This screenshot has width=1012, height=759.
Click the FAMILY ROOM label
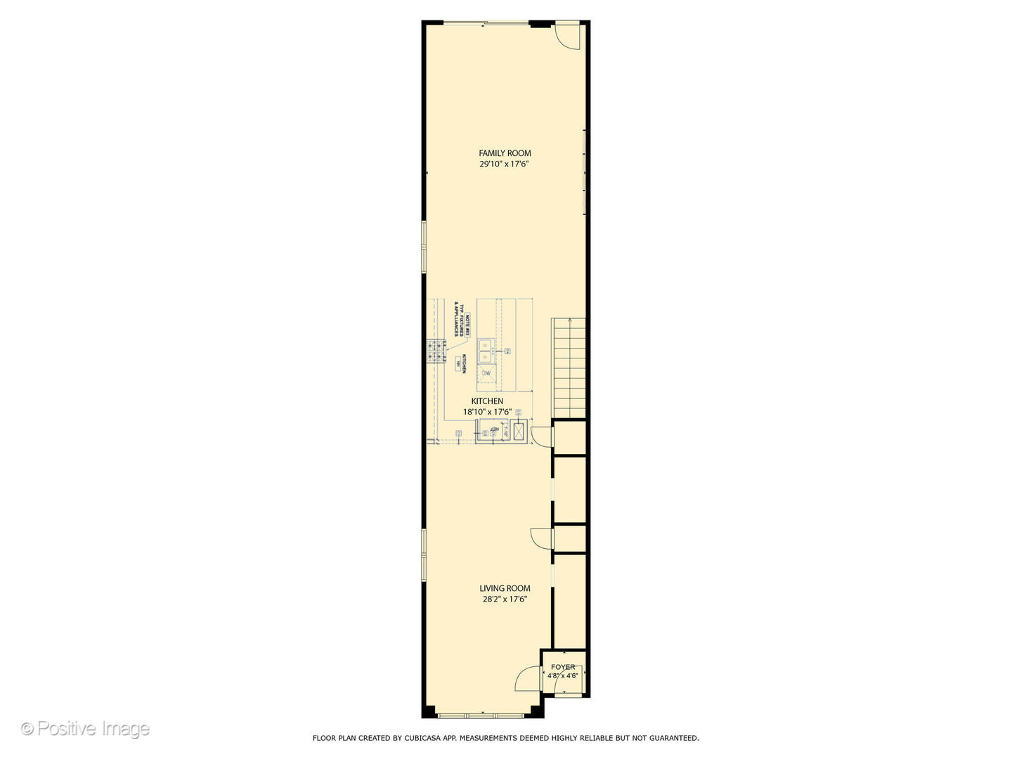505,153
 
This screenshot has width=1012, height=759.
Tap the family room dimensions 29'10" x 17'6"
504,164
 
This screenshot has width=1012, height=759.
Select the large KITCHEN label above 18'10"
487,401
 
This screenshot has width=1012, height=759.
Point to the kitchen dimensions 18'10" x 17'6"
487,413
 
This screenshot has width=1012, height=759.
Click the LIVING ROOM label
505,589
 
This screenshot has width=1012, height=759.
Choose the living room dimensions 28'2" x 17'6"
504,600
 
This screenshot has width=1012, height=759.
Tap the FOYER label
563,667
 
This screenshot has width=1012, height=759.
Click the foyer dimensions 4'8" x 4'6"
563,676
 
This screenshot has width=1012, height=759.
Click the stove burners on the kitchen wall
435,351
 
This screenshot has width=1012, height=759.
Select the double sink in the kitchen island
486,351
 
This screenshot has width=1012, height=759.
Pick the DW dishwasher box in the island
486,373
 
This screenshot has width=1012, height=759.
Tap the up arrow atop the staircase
569,320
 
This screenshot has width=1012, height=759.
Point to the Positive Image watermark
85,729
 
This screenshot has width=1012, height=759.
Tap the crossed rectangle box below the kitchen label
519,431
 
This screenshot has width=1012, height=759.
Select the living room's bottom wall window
482,715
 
